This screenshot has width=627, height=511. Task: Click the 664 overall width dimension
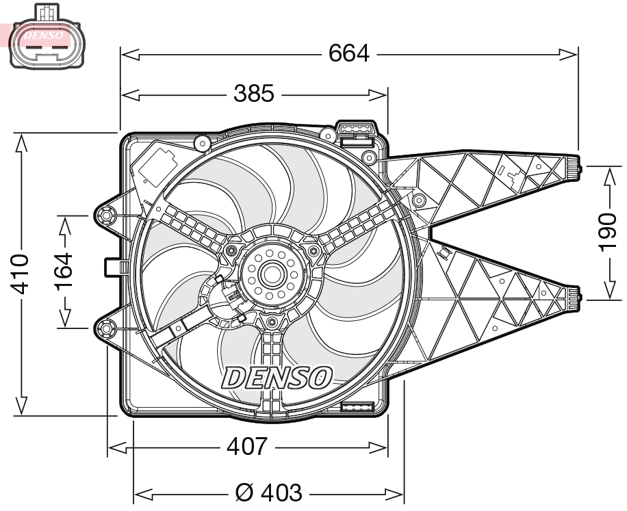coord(348,53)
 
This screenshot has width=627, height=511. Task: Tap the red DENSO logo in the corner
coord(40,34)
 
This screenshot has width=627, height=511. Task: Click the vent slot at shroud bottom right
coord(356,408)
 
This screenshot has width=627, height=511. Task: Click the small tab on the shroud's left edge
coord(112,266)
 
